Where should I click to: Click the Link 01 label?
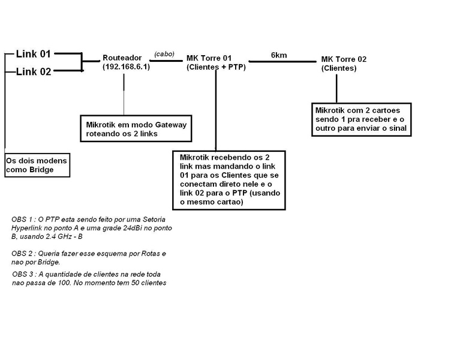(34, 54)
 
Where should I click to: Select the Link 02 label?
(34, 72)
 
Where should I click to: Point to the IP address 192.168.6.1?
(127, 66)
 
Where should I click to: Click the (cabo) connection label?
(164, 54)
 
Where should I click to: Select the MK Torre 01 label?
(209, 58)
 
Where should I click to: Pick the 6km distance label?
(279, 55)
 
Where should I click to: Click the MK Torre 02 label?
(344, 59)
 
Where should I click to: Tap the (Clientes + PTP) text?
(216, 67)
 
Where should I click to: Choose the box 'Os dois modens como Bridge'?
(37, 165)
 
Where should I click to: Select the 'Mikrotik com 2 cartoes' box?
(362, 119)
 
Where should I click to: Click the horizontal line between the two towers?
(282, 61)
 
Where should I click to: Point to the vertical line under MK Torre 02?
(336, 89)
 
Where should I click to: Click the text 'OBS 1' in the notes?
(22, 219)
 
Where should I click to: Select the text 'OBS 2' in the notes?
(22, 254)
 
